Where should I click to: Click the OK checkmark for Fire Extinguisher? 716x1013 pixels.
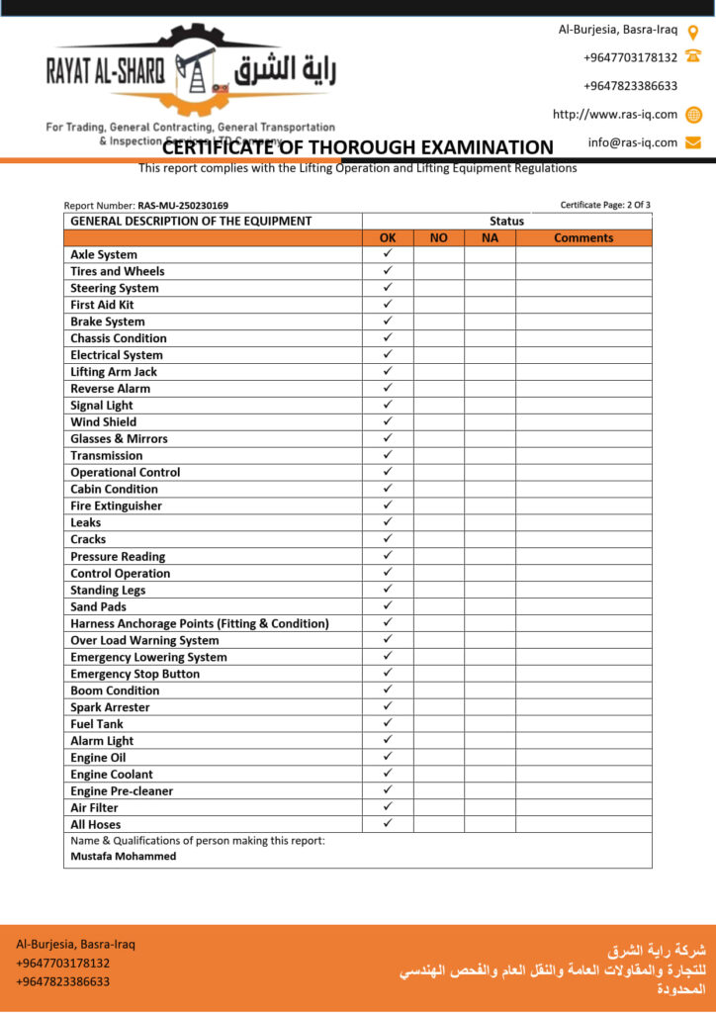pos(388,506)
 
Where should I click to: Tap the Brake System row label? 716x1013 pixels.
pos(108,322)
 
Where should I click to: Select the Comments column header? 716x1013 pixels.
pos(583,237)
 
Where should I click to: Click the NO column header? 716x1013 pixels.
pos(438,237)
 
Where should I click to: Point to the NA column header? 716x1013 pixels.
pos(490,237)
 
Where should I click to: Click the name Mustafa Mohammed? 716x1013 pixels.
pos(124,857)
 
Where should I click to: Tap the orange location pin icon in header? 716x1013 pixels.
pos(693,32)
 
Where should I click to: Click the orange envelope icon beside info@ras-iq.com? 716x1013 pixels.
pos(693,142)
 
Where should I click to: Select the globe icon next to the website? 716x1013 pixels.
pos(693,115)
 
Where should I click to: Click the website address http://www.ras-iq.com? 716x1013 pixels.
pos(615,115)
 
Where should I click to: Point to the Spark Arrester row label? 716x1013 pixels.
pos(110,707)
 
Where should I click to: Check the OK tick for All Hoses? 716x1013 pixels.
pos(388,824)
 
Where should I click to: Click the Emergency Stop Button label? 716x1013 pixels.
pos(134,674)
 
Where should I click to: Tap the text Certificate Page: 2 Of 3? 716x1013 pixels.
pos(605,205)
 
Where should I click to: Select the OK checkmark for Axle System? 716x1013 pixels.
pos(388,254)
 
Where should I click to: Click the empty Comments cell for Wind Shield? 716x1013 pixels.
pos(583,422)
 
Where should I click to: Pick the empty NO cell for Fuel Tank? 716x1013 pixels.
pos(438,724)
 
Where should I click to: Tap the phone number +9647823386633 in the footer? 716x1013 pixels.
pos(63,982)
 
